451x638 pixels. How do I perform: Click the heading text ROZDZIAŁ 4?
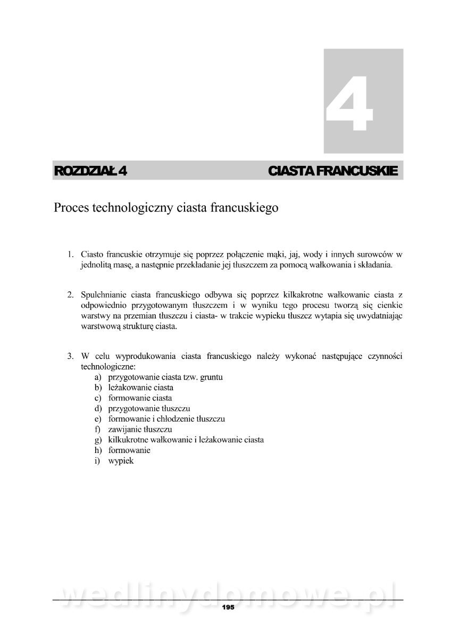90,171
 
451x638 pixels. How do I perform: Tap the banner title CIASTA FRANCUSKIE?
333,171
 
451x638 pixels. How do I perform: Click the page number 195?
228,607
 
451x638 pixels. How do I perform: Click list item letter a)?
98,377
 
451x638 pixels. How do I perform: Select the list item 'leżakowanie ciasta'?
140,387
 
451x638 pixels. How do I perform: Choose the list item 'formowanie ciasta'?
140,398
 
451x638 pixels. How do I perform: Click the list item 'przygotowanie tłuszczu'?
149,408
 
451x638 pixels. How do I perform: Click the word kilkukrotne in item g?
128,440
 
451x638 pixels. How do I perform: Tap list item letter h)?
98,450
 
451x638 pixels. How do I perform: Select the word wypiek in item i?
121,461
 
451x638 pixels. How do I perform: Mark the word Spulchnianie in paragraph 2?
104,295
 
